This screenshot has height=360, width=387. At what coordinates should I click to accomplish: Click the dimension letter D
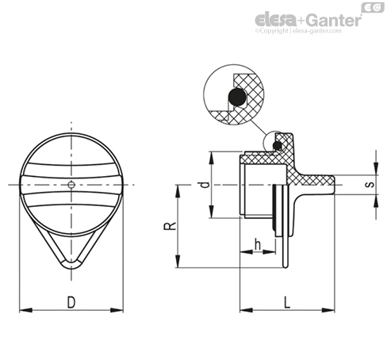coord(71,302)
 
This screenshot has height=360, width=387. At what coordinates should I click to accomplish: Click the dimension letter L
coord(287,302)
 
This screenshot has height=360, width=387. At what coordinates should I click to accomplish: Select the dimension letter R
coord(170,226)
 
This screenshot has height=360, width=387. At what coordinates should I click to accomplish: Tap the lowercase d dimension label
coord(205,184)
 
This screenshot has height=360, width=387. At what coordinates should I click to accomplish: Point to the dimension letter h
coord(258,244)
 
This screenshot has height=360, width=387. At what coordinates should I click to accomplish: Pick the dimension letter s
coord(370,184)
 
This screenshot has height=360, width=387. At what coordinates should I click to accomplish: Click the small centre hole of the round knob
coord(71,185)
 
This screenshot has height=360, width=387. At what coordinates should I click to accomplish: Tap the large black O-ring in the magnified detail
coord(237,97)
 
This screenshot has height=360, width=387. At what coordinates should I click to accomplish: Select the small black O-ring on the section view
coord(278,146)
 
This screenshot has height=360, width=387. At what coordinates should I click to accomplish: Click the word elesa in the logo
coord(276,20)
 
